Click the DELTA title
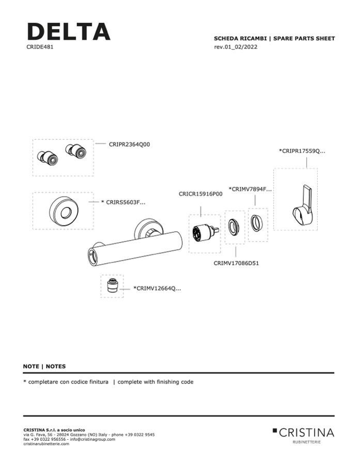[68, 31]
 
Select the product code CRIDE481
[40, 46]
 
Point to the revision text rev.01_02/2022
[236, 47]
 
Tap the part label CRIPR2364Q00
[129, 145]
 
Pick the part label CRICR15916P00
[200, 194]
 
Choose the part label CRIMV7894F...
[249, 189]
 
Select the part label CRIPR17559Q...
[302, 151]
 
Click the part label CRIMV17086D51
[236, 263]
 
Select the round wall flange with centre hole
[63, 211]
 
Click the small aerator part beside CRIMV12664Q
[112, 286]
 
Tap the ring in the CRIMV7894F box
[257, 224]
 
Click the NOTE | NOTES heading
[44, 366]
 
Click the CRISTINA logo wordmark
[307, 432]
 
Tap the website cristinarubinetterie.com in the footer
[46, 443]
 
